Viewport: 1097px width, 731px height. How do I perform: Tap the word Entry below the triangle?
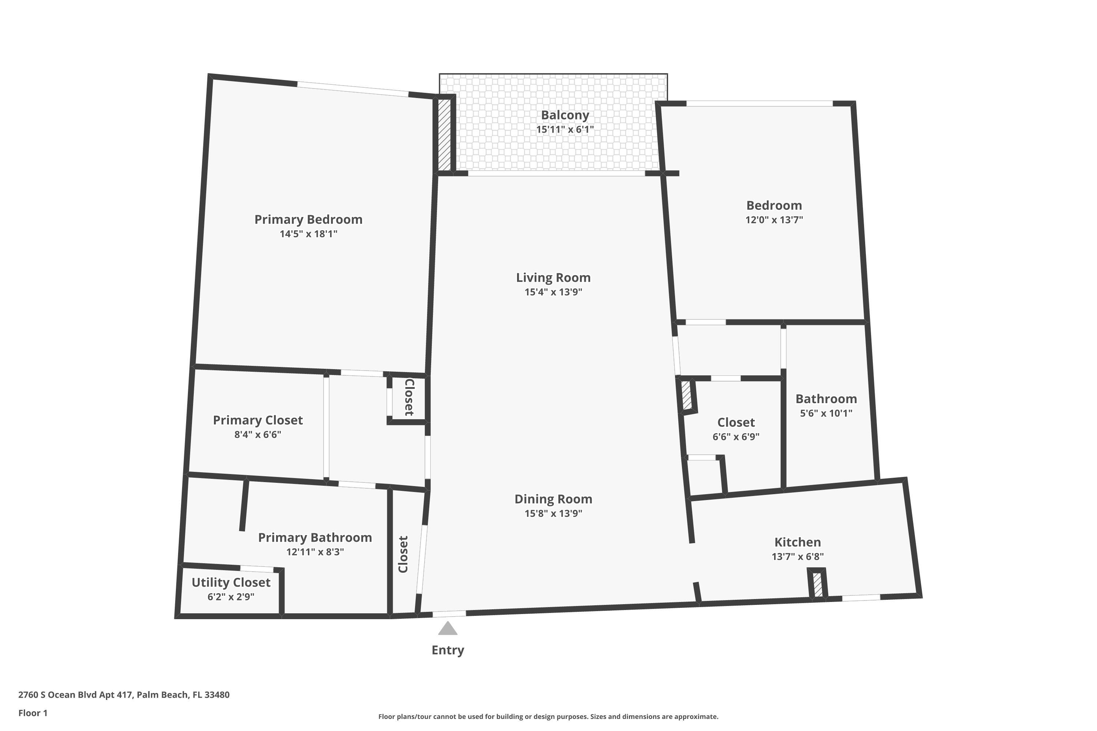point(447,650)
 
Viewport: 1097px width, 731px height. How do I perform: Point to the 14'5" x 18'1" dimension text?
point(308,234)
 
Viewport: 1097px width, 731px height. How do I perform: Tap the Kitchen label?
point(797,542)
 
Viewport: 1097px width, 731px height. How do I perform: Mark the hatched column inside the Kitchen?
point(817,584)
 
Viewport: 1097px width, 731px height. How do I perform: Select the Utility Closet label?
point(230,582)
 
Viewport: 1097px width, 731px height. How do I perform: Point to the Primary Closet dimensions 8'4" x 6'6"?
point(257,435)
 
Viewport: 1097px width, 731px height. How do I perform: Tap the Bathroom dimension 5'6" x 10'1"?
point(826,413)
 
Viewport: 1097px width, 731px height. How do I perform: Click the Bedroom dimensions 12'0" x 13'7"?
point(774,220)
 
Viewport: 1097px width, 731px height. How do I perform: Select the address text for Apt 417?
point(124,695)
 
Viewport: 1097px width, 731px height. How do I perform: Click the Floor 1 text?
point(33,713)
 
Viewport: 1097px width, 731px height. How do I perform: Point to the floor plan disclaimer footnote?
point(548,716)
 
